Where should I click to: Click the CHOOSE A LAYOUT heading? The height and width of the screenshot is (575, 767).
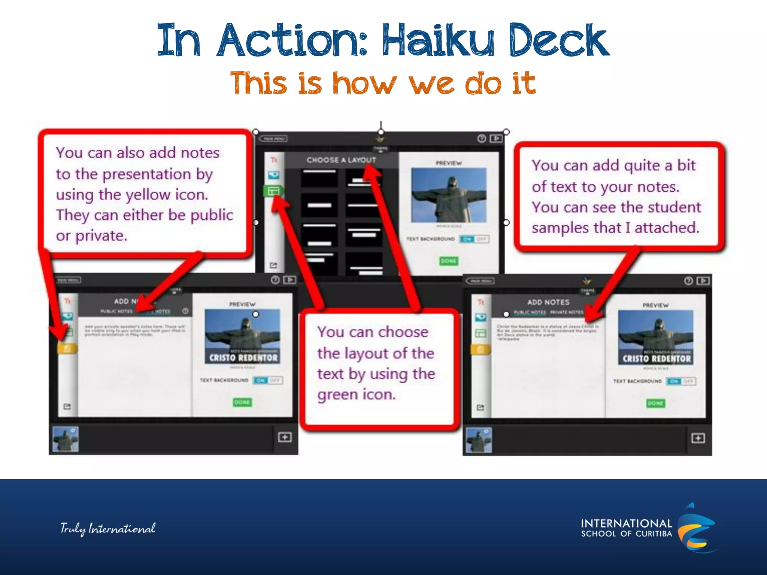pyautogui.click(x=341, y=160)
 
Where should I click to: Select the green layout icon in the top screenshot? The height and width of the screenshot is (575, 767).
pyautogui.click(x=274, y=191)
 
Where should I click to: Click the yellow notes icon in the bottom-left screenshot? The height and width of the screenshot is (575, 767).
pyautogui.click(x=67, y=349)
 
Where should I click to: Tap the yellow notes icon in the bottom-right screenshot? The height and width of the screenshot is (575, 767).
pyautogui.click(x=481, y=350)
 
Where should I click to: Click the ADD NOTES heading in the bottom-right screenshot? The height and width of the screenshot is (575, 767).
pyautogui.click(x=548, y=302)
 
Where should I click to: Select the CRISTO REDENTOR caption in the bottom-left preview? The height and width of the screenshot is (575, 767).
pyautogui.click(x=243, y=358)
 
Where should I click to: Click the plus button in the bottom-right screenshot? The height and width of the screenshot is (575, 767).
pyautogui.click(x=698, y=438)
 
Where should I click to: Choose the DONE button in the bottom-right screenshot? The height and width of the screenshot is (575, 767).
pyautogui.click(x=655, y=403)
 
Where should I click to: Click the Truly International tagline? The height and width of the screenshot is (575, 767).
pyautogui.click(x=108, y=529)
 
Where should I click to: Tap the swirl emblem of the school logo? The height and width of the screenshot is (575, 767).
pyautogui.click(x=696, y=528)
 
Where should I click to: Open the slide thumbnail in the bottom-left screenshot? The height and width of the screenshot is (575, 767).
pyautogui.click(x=66, y=439)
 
